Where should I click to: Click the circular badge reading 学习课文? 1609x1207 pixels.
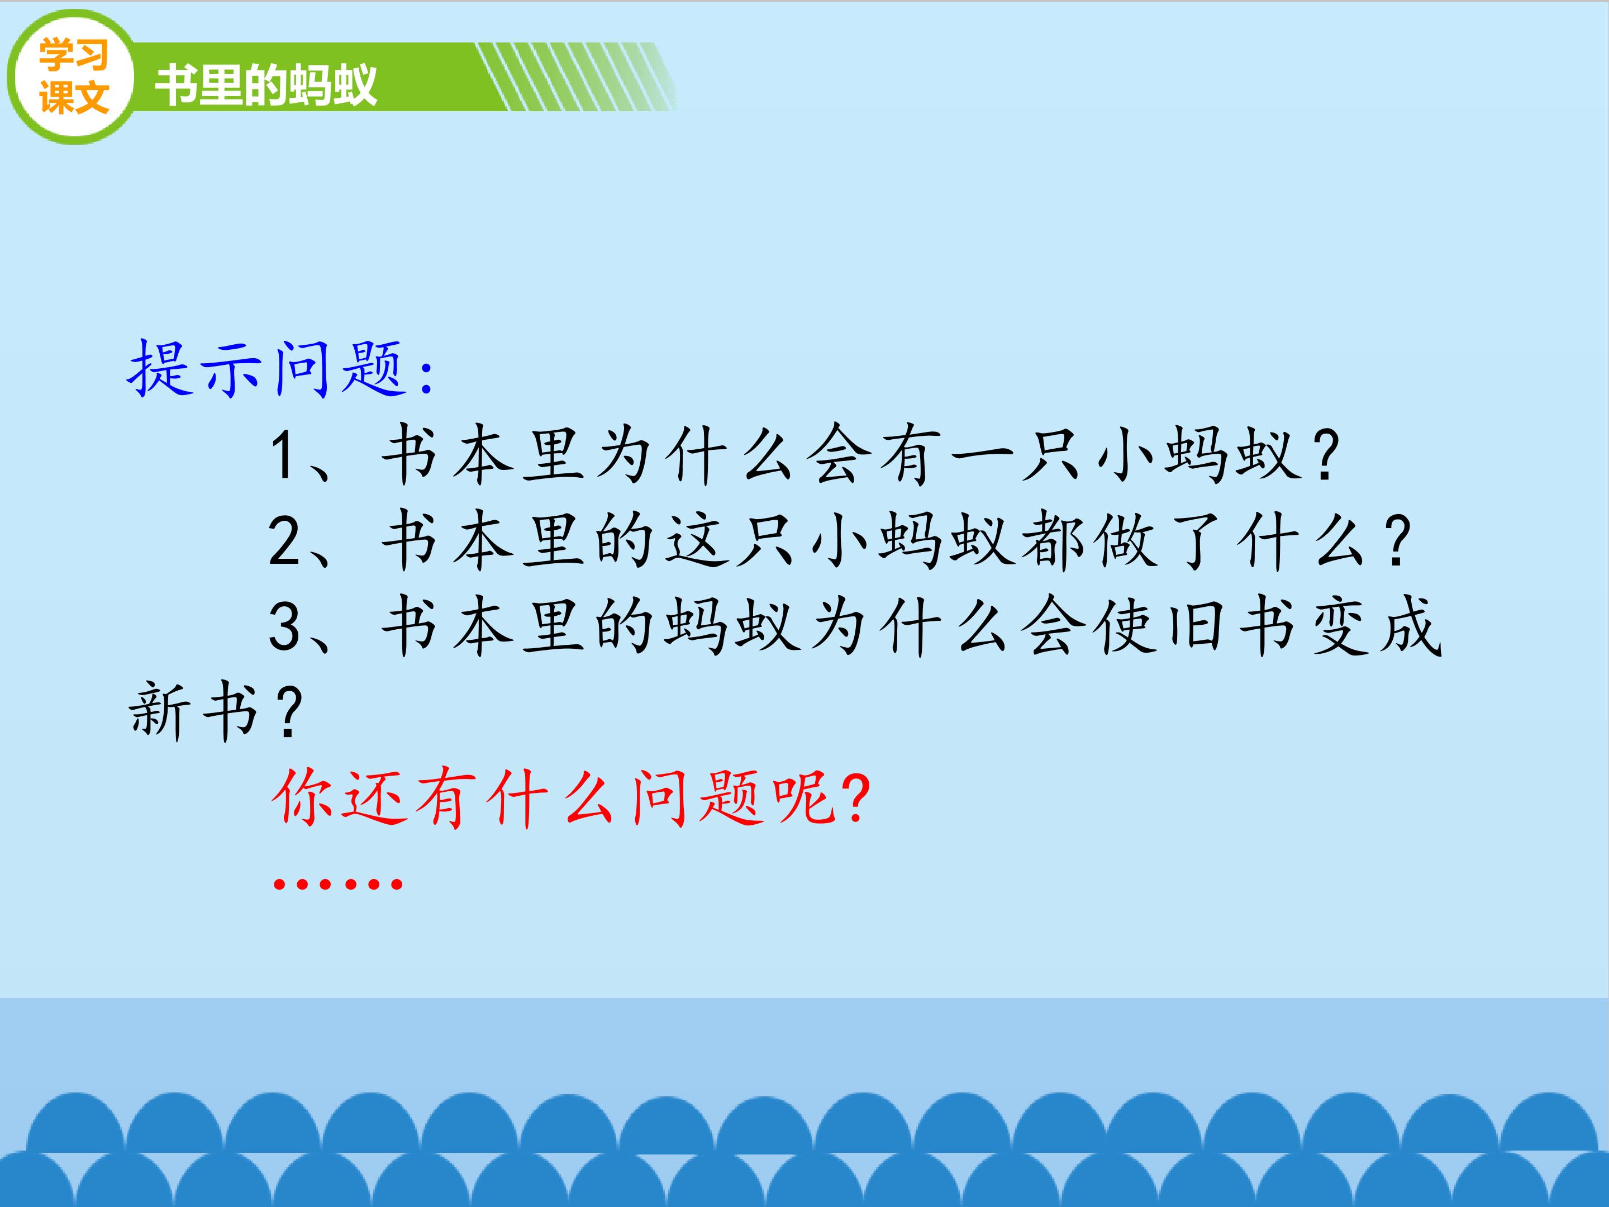click(x=72, y=77)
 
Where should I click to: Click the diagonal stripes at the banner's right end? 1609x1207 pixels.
click(x=575, y=77)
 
